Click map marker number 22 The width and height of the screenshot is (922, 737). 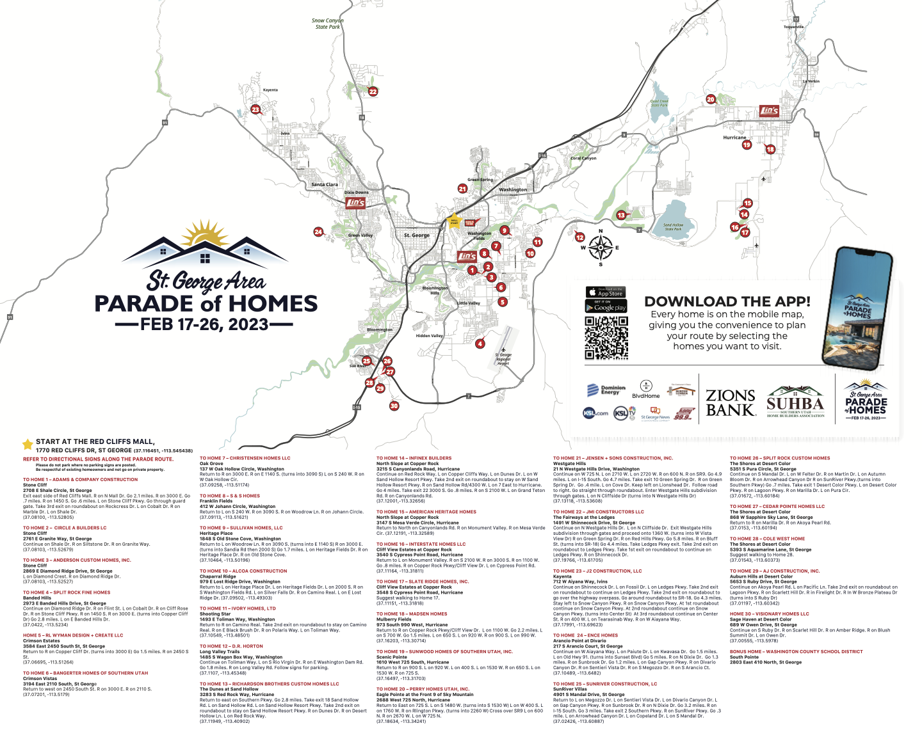pos(373,91)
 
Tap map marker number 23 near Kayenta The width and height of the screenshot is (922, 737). pos(255,109)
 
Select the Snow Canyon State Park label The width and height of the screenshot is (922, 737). pos(327,24)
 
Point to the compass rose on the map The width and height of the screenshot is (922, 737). pos(601,248)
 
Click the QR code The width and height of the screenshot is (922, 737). pos(606,337)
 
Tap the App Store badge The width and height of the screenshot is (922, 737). pos(605,292)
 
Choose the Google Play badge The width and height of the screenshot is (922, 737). pos(605,306)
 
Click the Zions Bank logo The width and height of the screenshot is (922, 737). pos(731,403)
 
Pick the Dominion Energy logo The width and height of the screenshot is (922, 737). pos(606,390)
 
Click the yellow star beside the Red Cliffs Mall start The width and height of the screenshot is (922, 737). pos(28,443)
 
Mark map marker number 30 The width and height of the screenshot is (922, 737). pos(394,406)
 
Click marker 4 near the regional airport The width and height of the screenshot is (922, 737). pos(480,344)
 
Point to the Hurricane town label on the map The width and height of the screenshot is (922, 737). pos(734,138)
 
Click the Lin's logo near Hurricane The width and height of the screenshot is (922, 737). pos(769,111)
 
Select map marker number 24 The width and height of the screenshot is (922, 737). pos(318,232)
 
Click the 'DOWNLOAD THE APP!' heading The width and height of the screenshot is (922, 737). pos(727,301)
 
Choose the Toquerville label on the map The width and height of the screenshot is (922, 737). pos(793,27)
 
